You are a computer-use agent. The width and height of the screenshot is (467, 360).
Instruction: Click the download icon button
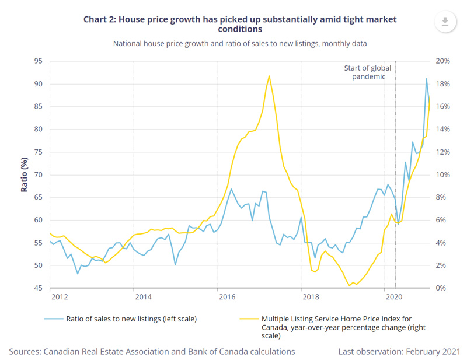coord(445,22)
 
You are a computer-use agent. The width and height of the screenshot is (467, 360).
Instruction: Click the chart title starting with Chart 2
coord(240,23)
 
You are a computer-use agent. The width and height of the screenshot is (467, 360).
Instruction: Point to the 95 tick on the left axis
coord(38,61)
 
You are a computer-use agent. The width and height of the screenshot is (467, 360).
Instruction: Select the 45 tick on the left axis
coord(38,288)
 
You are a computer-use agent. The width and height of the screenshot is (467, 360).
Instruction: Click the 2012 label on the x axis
coord(58,297)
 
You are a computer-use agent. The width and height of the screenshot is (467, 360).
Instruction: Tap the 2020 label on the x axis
coord(395,297)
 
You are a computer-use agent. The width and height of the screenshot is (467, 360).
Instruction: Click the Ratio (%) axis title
coord(24,174)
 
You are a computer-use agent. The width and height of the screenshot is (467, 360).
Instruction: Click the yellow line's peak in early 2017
coord(269,76)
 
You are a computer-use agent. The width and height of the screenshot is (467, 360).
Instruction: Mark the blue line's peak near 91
coord(426,79)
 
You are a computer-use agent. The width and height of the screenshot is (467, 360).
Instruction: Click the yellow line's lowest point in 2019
coord(349,285)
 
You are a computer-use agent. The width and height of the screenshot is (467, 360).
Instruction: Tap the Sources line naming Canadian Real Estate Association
coord(152,351)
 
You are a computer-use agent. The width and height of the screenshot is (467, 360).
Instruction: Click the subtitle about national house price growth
coord(240,44)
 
